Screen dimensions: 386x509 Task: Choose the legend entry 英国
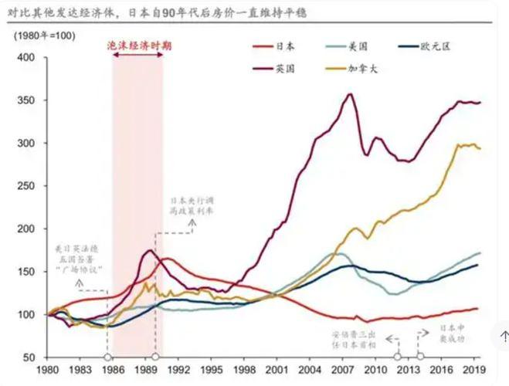coord(284,68)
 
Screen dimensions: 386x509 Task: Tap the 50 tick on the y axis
coord(29,357)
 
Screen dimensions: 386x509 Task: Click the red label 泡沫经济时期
coord(139,46)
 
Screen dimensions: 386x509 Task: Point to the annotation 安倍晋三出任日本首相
coord(356,340)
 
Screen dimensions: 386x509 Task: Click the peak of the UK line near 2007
coord(351,94)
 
